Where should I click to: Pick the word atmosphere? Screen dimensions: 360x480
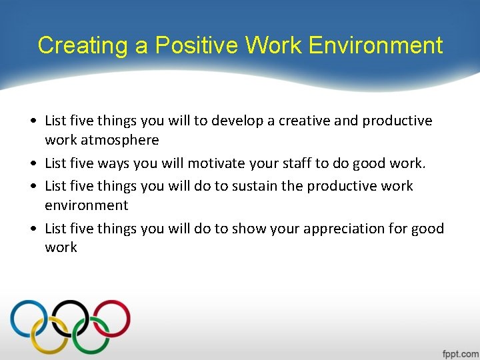point(120,140)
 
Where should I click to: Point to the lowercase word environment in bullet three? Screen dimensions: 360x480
point(87,205)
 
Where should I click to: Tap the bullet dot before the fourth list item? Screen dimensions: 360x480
point(33,229)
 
